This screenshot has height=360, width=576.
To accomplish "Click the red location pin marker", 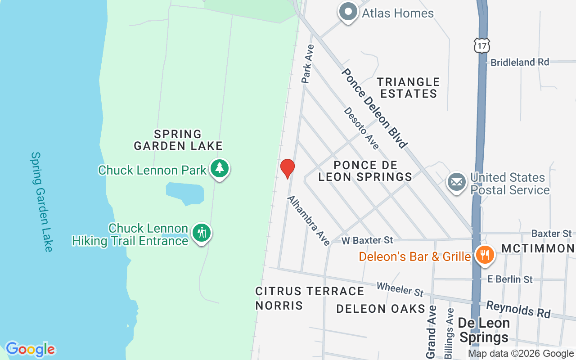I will pos(287,169).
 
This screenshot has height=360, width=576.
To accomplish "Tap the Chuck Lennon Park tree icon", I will pos(220,169).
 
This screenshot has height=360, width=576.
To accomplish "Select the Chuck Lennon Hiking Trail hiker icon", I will pos(202,233).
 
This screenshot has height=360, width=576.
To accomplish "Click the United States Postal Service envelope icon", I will pos(457,183).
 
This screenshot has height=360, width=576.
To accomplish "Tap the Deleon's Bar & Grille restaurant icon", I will pos(484,255).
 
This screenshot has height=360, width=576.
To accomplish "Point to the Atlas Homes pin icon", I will pos(348,12).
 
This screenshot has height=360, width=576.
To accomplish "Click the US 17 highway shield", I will pos(481,45).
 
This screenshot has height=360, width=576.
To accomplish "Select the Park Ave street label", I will pos(308,63).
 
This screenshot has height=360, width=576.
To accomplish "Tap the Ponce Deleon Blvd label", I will pos(374,108).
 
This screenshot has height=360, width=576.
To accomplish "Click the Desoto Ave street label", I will pos(361,128).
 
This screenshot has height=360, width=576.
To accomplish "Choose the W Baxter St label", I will pos(367,240).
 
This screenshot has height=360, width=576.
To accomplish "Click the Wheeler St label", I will pos(400,289).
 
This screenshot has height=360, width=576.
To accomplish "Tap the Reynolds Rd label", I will pos(518,309).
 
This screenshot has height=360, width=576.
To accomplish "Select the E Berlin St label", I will pos(510,279).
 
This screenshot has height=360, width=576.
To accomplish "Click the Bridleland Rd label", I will pos(520,62).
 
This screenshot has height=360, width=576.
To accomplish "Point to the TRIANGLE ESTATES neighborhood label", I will pos(408,88).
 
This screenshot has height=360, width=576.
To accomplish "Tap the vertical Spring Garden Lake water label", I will pos(42,201).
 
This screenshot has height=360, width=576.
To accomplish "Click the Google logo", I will pos(30,349).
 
